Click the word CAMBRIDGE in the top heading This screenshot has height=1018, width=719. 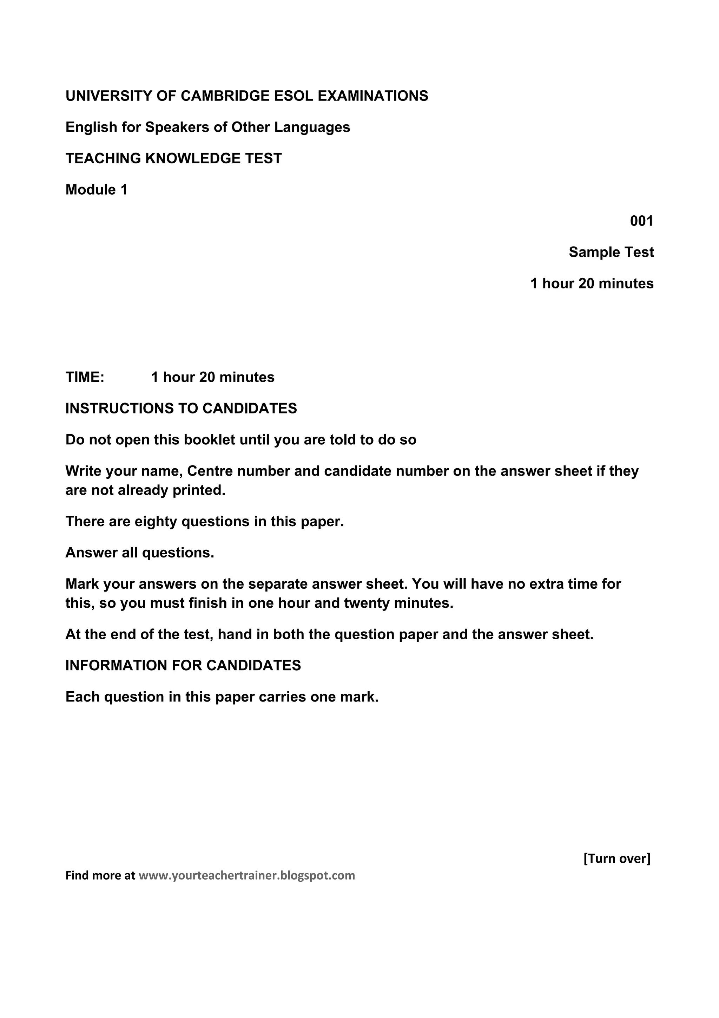pyautogui.click(x=225, y=96)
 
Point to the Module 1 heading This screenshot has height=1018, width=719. pyautogui.click(x=96, y=190)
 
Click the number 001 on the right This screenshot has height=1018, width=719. pyautogui.click(x=641, y=221)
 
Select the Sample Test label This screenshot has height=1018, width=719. pyautogui.click(x=611, y=252)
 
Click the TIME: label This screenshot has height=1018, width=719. pyautogui.click(x=85, y=377)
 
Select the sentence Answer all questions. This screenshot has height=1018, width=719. pyautogui.click(x=139, y=553)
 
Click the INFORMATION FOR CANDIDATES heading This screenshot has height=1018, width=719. pyautogui.click(x=183, y=666)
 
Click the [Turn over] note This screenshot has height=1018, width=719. pyautogui.click(x=617, y=859)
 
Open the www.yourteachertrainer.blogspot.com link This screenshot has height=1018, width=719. pyautogui.click(x=247, y=876)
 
